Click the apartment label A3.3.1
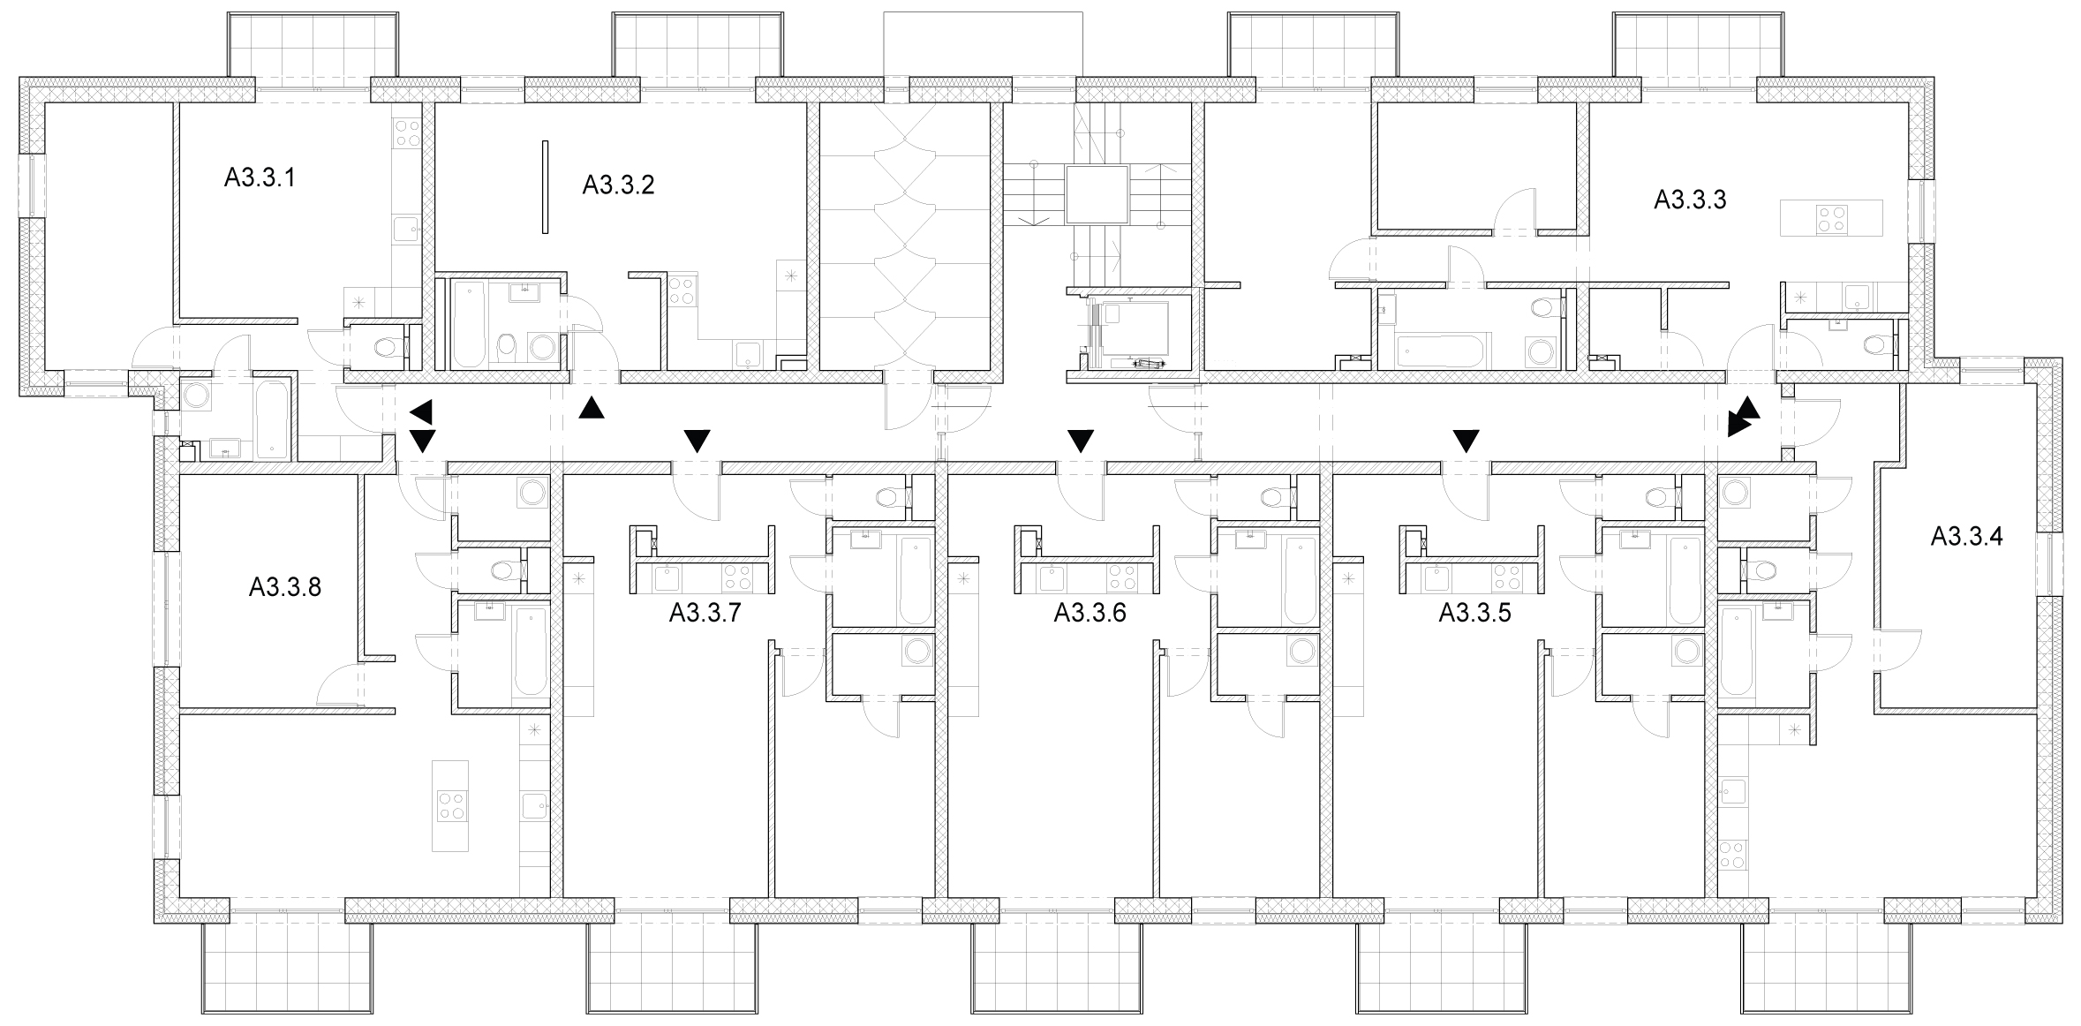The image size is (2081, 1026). (260, 178)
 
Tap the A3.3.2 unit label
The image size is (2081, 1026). (618, 185)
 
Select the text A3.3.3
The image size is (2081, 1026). (1690, 200)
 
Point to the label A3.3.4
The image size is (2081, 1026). (1966, 536)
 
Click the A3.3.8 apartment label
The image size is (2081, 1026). (284, 587)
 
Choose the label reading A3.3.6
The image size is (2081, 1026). (1090, 613)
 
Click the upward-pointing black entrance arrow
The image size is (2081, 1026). (592, 407)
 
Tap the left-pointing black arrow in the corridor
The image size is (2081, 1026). (421, 411)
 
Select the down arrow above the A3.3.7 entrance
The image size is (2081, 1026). (697, 441)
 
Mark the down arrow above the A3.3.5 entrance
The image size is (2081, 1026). (1467, 441)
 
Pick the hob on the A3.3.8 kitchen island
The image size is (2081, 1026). (451, 805)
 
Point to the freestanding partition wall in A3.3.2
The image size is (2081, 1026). (546, 187)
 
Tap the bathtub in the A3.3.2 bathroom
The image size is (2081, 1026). (468, 324)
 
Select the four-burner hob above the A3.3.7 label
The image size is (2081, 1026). (737, 577)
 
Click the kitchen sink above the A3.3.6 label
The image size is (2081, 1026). (1051, 578)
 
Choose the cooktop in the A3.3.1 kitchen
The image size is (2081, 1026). (407, 132)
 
